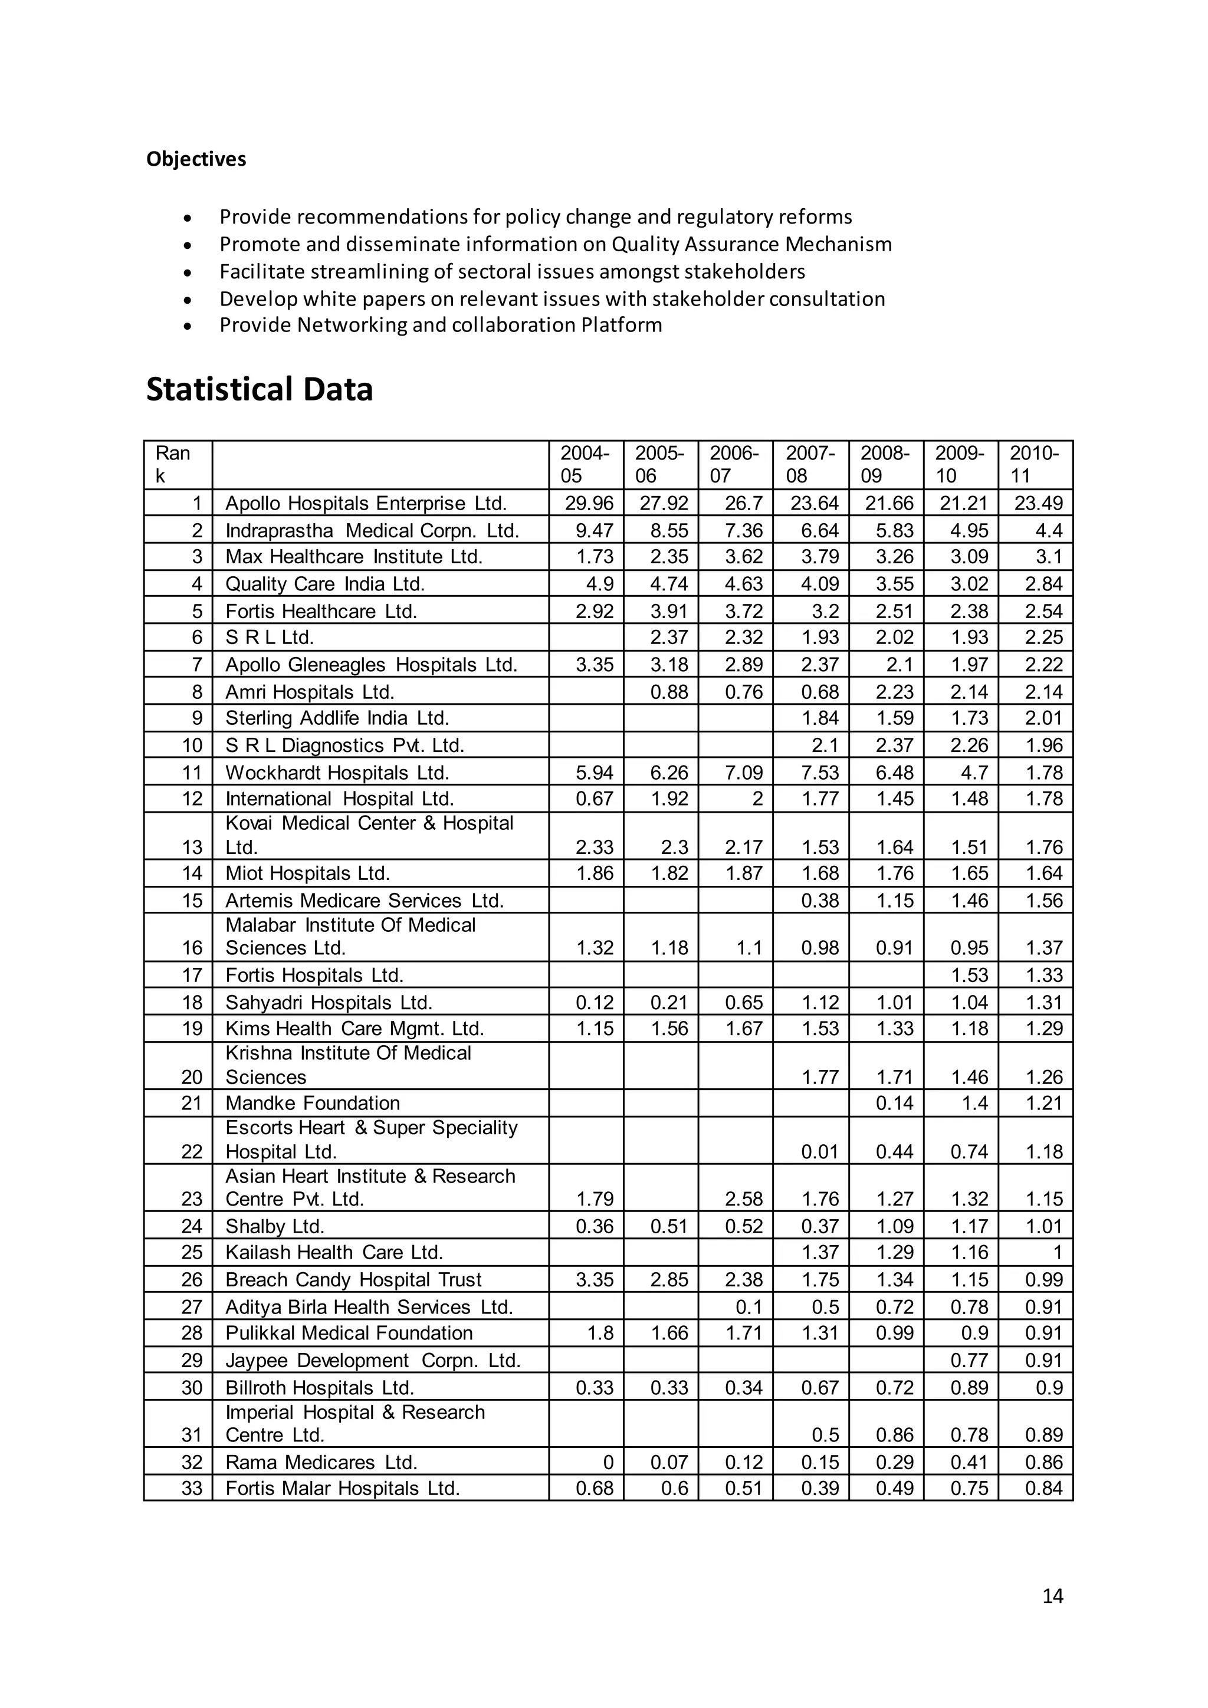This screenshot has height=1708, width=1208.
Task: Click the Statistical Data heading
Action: [x=259, y=390]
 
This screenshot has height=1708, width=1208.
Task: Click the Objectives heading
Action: [x=196, y=159]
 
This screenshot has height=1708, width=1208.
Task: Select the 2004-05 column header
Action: [x=585, y=464]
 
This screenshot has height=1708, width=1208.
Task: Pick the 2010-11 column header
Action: [x=1034, y=464]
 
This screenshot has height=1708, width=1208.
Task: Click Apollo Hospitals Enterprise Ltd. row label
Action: [x=366, y=504]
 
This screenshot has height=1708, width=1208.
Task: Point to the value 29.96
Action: [x=589, y=504]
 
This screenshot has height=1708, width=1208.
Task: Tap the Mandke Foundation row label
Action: [x=313, y=1103]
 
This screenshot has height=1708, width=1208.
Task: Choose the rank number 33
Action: [x=192, y=1489]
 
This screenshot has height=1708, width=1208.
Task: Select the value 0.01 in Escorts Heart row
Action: [x=820, y=1152]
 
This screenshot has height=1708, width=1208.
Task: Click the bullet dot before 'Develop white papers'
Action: [x=189, y=300]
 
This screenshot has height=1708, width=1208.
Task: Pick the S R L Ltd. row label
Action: [x=270, y=638]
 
